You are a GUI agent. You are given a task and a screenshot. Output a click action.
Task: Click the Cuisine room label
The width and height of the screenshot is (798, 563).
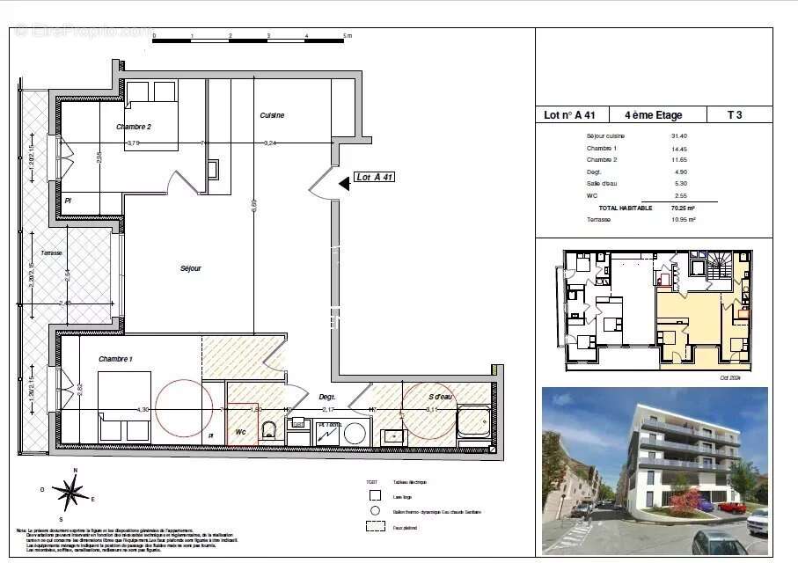pos(272,115)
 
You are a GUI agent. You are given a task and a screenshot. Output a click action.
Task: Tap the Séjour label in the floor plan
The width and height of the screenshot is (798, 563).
pos(190,268)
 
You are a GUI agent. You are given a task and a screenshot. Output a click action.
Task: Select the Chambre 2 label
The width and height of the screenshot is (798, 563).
pos(134,127)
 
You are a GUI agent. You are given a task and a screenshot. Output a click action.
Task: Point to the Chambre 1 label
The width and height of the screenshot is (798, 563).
pos(116,359)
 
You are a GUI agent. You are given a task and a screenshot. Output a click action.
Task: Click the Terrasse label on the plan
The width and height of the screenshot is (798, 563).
pos(51,252)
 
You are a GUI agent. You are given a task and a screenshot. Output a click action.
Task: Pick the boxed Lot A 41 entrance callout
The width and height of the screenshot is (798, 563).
pos(374,177)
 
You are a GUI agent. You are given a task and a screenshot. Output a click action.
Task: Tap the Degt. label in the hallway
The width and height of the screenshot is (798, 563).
pos(327,396)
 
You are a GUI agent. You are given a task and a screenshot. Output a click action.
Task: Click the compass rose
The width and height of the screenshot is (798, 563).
pos(70,491)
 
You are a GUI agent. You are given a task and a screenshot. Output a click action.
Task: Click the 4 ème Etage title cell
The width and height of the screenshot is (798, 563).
pos(653,114)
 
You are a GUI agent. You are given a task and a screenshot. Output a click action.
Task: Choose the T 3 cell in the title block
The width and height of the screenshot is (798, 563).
pos(735,114)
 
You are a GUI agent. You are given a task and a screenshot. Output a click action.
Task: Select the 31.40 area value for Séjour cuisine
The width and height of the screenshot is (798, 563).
pos(678,136)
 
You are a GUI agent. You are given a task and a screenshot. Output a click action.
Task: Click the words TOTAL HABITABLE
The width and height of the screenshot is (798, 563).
pos(626,208)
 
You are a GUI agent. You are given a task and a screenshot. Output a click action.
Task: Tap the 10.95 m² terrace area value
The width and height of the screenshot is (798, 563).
pos(683,219)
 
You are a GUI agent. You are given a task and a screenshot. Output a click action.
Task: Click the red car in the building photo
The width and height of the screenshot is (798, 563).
pos(731,507)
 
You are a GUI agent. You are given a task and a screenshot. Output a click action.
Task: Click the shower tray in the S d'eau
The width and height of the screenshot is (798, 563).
pos(473,423)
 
